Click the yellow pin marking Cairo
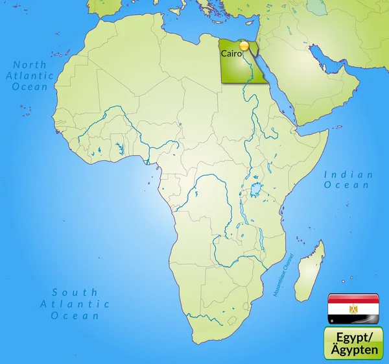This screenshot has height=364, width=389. pos(244,46)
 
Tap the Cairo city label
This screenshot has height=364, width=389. pos(231,54)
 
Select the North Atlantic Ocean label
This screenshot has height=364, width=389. pos(30,75)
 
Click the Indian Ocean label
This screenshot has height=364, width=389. pos(349,180)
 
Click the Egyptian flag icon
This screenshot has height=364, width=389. pos(353,309)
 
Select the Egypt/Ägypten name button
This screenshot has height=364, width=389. pos(353,343)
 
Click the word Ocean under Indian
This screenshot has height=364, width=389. pos(349,186)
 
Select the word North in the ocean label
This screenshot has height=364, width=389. pos(30,64)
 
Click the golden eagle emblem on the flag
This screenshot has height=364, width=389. pos(353,309)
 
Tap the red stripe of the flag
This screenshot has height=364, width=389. pos(353,299)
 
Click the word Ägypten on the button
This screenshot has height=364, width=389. pos(353,349)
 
